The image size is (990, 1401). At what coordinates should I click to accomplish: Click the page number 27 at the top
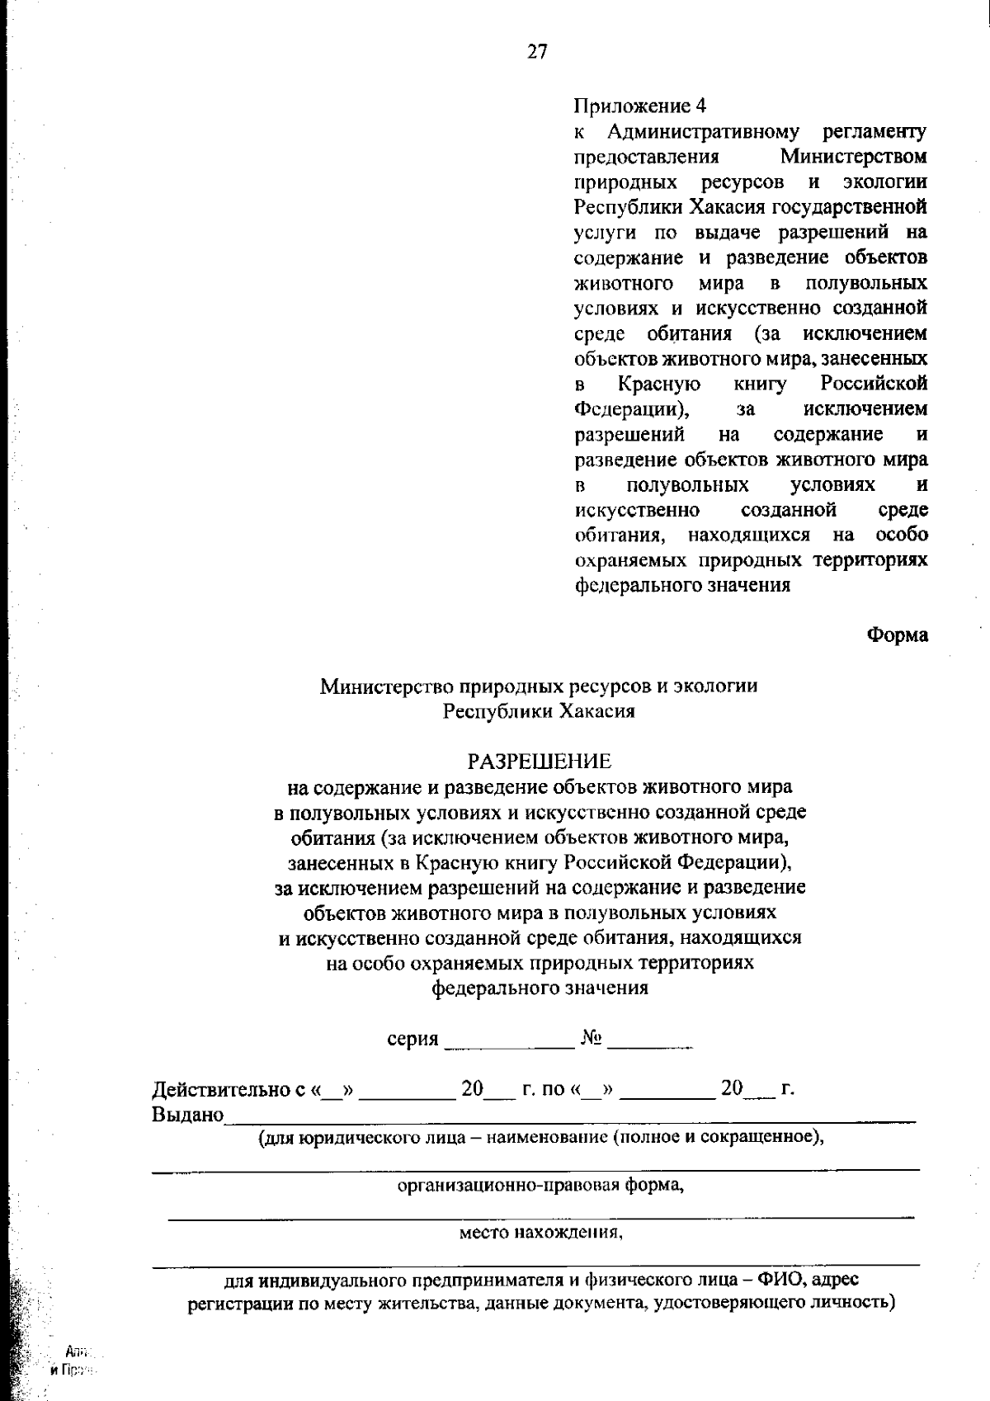coord(537,52)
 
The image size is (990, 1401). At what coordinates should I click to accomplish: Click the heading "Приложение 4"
coord(640,106)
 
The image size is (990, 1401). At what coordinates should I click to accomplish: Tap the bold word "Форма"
coord(898,634)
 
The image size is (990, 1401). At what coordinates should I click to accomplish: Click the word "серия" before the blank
coord(412,1039)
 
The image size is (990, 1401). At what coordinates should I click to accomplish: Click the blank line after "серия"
coord(509,1045)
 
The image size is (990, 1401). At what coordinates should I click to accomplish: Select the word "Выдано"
coord(188,1116)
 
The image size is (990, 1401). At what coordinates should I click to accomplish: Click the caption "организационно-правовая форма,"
coord(541,1186)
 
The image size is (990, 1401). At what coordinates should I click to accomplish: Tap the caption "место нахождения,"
coord(541,1234)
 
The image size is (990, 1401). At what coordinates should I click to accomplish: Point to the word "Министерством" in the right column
coord(854,157)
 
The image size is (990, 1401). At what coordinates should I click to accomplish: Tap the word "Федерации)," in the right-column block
coord(634,409)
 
